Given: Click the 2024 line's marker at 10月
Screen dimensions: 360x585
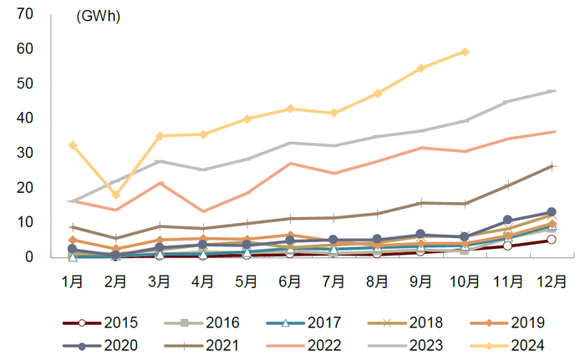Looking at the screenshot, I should tap(465, 52).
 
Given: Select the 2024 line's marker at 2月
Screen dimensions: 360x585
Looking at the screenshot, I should tap(116, 195).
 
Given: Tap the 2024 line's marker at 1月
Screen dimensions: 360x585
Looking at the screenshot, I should tap(73, 145).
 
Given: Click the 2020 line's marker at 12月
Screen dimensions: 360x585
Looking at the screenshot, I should tap(552, 212).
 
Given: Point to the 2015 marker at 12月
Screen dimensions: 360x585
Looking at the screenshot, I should tap(552, 240).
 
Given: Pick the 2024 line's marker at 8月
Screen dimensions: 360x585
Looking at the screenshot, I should tap(378, 94).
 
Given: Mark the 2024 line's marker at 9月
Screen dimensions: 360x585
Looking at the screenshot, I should tap(421, 68).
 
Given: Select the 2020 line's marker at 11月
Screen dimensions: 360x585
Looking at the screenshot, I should tap(508, 221).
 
